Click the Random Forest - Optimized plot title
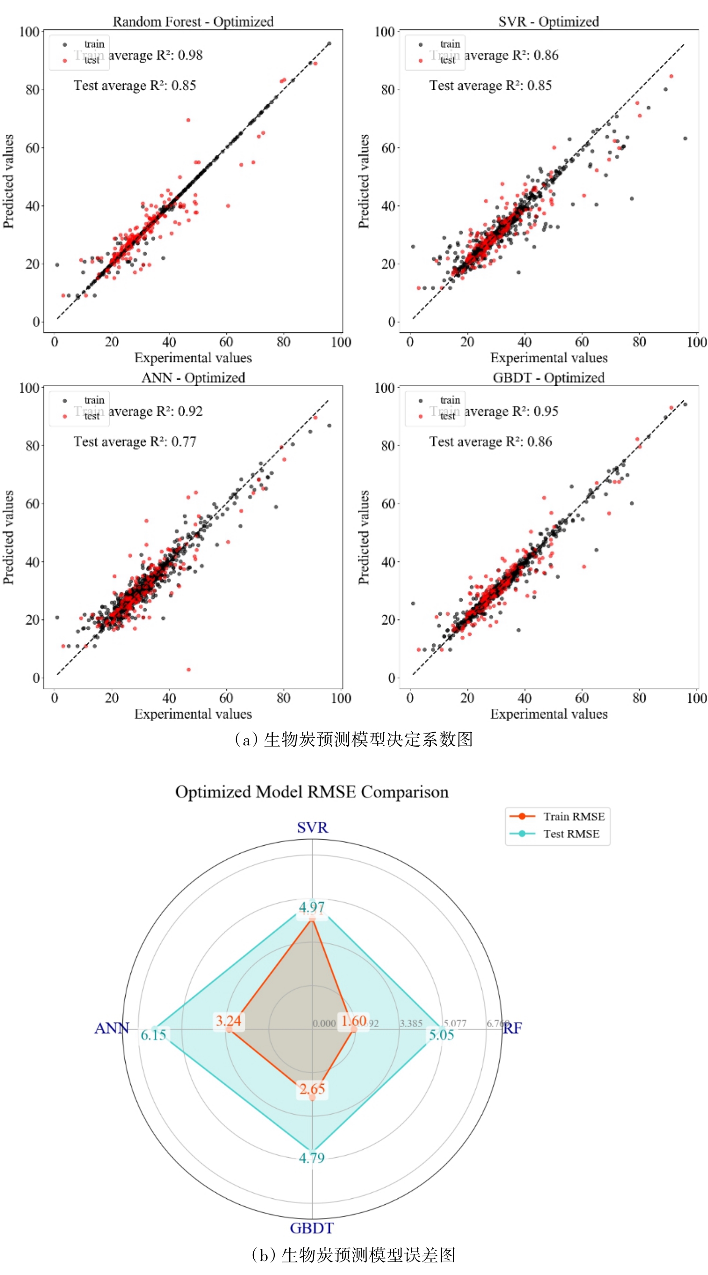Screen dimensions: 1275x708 pyautogui.click(x=193, y=22)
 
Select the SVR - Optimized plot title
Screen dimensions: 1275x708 pyautogui.click(x=548, y=22)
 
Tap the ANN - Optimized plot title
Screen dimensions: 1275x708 pyautogui.click(x=193, y=378)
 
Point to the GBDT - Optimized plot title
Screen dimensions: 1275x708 pyautogui.click(x=548, y=378)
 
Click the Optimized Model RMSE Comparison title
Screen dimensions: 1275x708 pyautogui.click(x=312, y=792)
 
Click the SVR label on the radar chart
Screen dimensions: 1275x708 pyautogui.click(x=312, y=828)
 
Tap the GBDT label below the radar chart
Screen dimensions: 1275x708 pyautogui.click(x=312, y=1228)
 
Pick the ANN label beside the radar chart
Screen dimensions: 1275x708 pyautogui.click(x=111, y=1028)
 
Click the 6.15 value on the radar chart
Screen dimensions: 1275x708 pyautogui.click(x=153, y=1035)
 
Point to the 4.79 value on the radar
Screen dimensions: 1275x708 pyautogui.click(x=312, y=1158)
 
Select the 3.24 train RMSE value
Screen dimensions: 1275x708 pyautogui.click(x=229, y=1020)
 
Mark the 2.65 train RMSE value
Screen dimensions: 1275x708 pyautogui.click(x=312, y=1088)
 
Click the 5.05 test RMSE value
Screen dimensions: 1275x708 pyautogui.click(x=441, y=1035)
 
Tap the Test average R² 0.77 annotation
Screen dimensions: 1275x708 pyautogui.click(x=135, y=441)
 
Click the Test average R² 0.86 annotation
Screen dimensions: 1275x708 pyautogui.click(x=490, y=441)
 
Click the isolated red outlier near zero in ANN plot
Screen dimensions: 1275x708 pyautogui.click(x=188, y=670)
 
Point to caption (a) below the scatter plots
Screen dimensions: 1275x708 pyautogui.click(x=354, y=739)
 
